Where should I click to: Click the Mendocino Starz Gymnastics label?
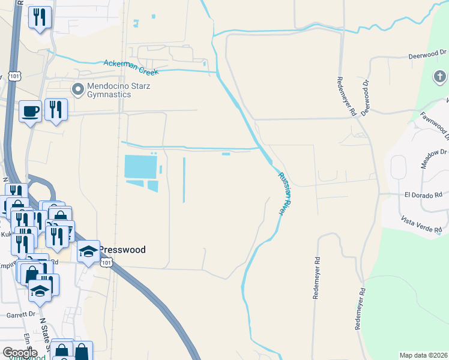click(x=118, y=91)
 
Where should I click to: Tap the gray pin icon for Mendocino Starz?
click(x=77, y=90)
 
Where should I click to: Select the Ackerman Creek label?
click(x=131, y=67)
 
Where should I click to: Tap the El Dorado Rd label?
click(x=423, y=194)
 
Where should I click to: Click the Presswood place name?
click(x=122, y=250)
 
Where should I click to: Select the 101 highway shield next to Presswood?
click(x=106, y=263)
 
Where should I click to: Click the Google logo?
click(x=20, y=353)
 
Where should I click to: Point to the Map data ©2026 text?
click(x=423, y=355)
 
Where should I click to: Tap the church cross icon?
click(x=439, y=77)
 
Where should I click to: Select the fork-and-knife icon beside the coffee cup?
click(x=55, y=109)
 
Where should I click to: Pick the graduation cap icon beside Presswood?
click(x=88, y=251)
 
